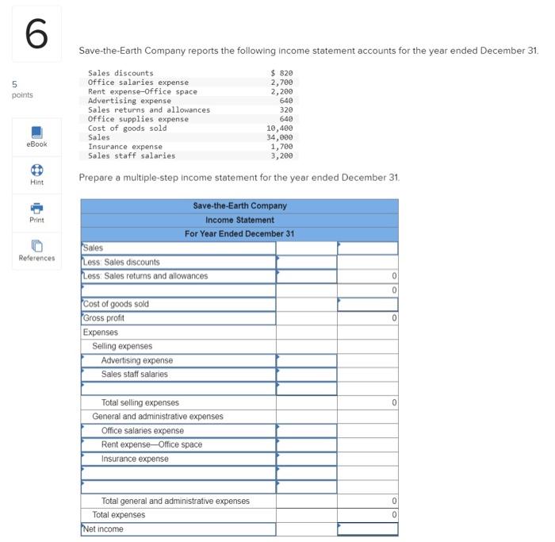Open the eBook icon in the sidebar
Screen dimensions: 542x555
click(x=36, y=132)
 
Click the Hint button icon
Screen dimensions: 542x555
click(x=36, y=169)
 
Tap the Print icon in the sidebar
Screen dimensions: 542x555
click(x=36, y=207)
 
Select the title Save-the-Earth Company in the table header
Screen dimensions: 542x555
click(x=239, y=206)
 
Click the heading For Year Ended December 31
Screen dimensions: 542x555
click(x=239, y=233)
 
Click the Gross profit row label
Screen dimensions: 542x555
click(x=104, y=318)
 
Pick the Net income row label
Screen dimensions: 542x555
click(x=103, y=529)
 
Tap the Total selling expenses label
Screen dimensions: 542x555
click(x=140, y=402)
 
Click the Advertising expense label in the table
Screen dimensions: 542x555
click(x=136, y=360)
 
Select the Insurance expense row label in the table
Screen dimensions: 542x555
click(x=135, y=459)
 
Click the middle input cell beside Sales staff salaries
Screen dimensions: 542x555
click(x=306, y=375)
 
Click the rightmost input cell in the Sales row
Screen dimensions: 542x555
click(x=367, y=248)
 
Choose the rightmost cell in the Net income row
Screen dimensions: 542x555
click(x=367, y=529)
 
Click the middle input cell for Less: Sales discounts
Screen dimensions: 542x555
click(x=306, y=262)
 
